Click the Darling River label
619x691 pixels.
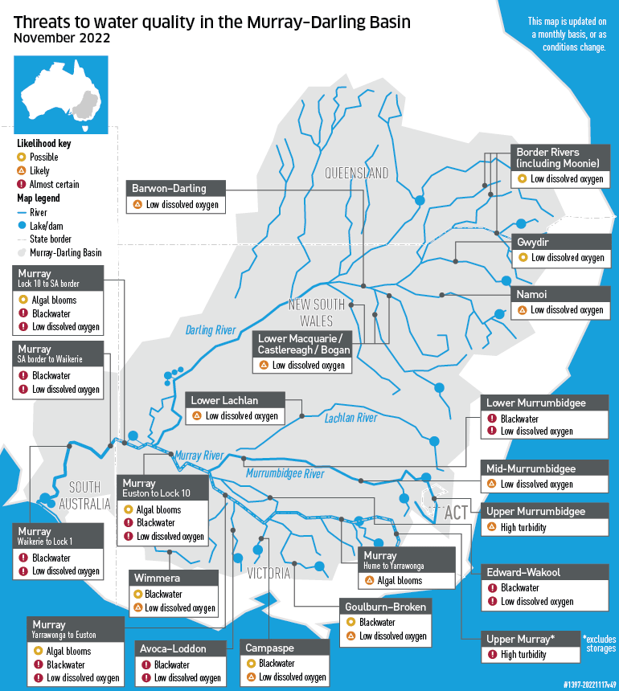pyautogui.click(x=210, y=330)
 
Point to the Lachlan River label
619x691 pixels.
pyautogui.click(x=350, y=418)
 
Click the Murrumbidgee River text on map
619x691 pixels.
pyautogui.click(x=285, y=473)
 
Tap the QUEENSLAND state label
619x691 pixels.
pyautogui.click(x=356, y=174)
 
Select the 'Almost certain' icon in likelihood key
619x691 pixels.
pyautogui.click(x=22, y=184)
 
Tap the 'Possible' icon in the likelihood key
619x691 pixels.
pyautogui.click(x=22, y=157)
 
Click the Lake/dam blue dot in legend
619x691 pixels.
pyautogui.click(x=22, y=226)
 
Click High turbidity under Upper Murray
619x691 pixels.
pyautogui.click(x=523, y=654)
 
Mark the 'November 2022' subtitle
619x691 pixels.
pyautogui.click(x=62, y=38)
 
